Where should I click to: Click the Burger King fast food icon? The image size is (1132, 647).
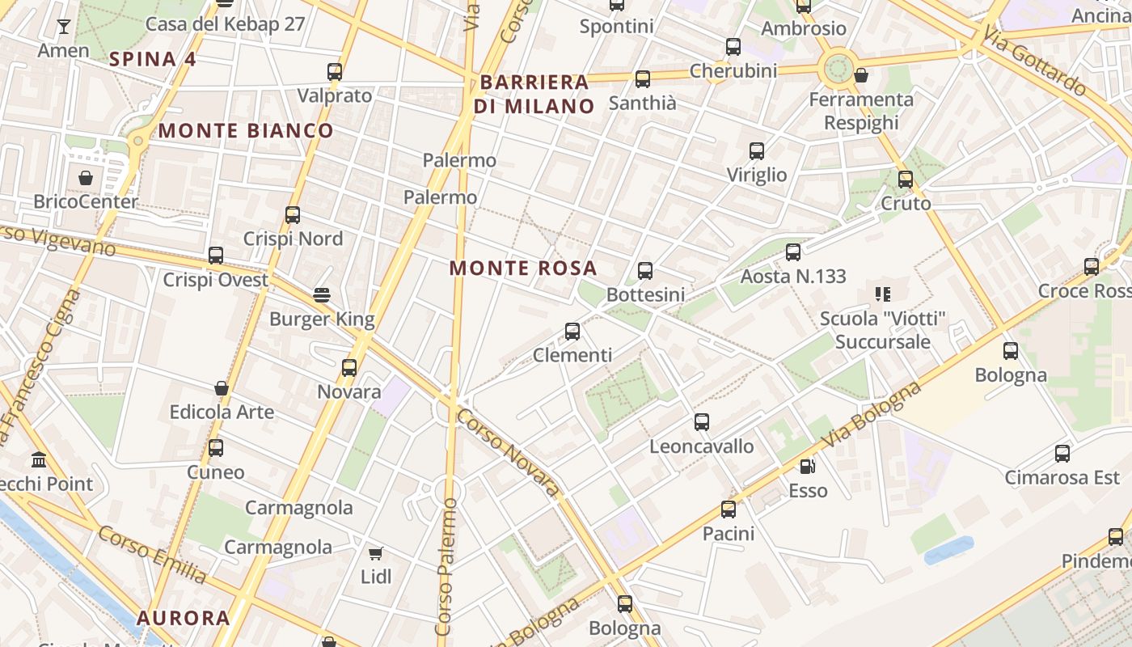(x=322, y=294)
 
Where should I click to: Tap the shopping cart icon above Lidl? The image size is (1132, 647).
(x=375, y=553)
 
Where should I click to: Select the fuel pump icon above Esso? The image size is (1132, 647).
(x=807, y=467)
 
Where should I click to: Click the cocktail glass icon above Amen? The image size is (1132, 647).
(x=63, y=27)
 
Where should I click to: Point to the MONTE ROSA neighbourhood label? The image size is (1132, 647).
(x=523, y=268)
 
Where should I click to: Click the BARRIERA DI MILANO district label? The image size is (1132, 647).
(x=534, y=94)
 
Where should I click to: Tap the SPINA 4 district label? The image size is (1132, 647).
(x=153, y=59)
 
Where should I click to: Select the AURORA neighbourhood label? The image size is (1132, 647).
(x=183, y=619)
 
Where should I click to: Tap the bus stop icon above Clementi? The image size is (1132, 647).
(x=572, y=331)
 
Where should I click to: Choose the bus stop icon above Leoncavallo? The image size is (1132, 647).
(x=702, y=421)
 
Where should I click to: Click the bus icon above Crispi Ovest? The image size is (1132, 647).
(x=216, y=256)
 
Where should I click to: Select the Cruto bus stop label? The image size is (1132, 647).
(x=906, y=203)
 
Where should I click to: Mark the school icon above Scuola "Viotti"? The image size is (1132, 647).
(x=882, y=294)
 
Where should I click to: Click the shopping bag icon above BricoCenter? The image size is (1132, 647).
(x=86, y=177)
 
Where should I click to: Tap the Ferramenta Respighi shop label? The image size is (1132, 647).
(x=861, y=111)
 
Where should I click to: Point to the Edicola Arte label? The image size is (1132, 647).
(x=222, y=412)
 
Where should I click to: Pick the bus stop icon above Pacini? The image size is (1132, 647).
(x=729, y=509)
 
